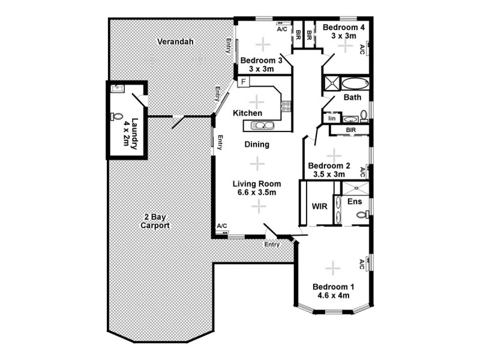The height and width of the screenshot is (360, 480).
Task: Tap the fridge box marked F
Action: point(244,82)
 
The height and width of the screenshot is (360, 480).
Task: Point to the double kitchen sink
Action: point(259,125)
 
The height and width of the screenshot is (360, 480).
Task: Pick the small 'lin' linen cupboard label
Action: point(331,119)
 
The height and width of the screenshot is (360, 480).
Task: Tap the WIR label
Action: point(319,206)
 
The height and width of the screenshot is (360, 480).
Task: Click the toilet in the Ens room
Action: point(361,214)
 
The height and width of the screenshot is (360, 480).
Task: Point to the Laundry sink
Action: point(118,90)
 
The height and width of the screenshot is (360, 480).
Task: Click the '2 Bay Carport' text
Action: point(155,222)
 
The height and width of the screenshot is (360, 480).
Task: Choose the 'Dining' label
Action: point(257,145)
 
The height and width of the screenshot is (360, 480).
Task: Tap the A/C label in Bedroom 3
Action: point(282,28)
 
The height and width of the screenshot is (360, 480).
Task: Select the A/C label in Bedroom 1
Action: point(362,263)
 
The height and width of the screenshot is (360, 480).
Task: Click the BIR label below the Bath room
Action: point(352,130)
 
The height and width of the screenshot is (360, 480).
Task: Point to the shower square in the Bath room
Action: point(331,83)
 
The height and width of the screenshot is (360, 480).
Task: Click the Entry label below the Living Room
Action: point(272,244)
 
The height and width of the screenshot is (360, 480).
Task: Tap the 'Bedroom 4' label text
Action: point(344,28)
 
